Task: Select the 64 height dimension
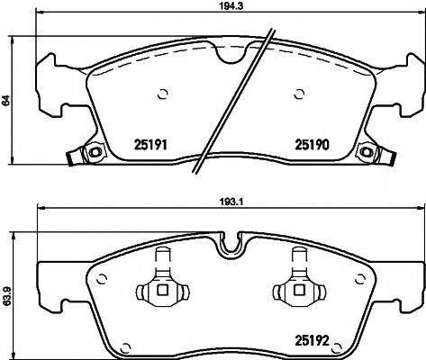pyautogui.click(x=6, y=102)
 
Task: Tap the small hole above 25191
pyautogui.click(x=162, y=94)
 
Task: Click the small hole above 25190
pyautogui.click(x=300, y=94)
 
